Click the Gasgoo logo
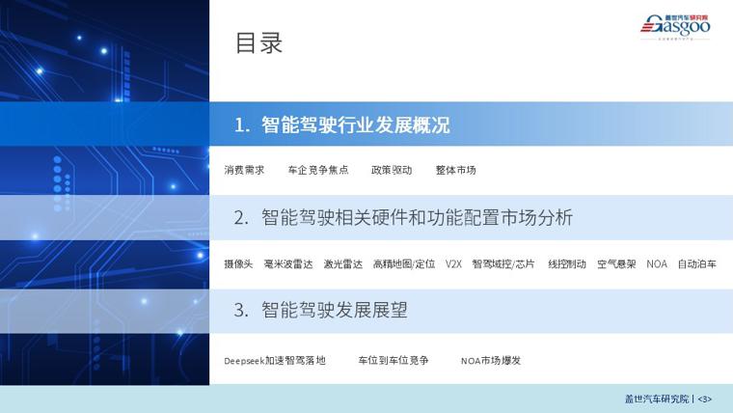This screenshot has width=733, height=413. tap(675, 27)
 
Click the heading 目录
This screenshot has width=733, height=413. tap(258, 43)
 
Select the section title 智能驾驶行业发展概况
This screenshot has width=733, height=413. tap(356, 124)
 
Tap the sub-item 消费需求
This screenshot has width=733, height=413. tap(244, 170)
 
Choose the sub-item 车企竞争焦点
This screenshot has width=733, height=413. tap(318, 170)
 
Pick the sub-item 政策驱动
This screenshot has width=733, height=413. tap(392, 170)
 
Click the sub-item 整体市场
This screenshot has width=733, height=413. tap(456, 170)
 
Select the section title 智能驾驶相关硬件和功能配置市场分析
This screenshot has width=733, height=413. tap(417, 218)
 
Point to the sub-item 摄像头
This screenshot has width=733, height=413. tap(238, 264)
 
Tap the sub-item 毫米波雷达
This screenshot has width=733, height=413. tap(288, 264)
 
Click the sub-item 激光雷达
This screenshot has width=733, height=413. tap(343, 264)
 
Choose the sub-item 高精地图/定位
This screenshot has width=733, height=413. tap(404, 264)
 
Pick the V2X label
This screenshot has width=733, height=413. tap(453, 264)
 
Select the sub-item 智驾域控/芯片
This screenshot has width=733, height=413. tap(503, 264)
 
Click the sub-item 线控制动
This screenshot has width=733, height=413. tap(567, 264)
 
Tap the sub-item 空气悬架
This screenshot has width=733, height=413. tap(616, 264)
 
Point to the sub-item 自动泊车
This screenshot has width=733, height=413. tap(697, 264)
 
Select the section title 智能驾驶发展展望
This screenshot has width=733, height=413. tap(335, 310)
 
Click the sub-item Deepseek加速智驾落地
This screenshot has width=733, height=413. tap(275, 361)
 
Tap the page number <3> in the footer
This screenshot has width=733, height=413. tap(704, 399)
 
